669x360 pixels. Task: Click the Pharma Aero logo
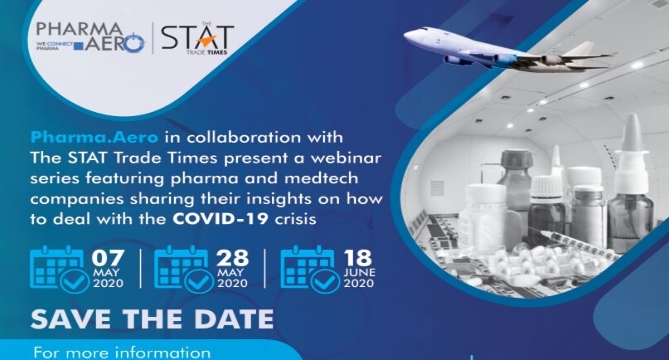point(90,37)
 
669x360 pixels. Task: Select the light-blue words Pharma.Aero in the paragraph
point(95,137)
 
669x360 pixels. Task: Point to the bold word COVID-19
point(221,219)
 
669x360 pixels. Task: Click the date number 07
point(108,258)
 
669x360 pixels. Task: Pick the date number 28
point(232,258)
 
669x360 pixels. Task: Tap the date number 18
point(357,258)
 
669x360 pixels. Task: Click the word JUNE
point(359,272)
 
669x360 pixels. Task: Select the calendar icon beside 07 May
point(59,269)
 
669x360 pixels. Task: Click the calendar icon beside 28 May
point(183,269)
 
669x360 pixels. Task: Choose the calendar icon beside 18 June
point(310,269)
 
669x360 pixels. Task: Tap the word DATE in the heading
point(234,319)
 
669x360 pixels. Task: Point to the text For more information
point(122,353)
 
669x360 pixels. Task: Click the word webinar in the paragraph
point(346,158)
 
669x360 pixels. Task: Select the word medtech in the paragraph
point(321,178)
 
